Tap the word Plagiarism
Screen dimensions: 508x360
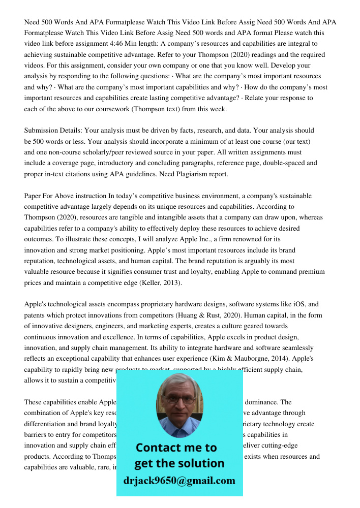tap(189, 174)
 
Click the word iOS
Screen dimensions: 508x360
tap(298, 304)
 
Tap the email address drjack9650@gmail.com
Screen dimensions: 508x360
tap(179, 481)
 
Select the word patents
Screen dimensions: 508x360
tap(36, 315)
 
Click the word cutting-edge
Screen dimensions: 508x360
tap(280, 446)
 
